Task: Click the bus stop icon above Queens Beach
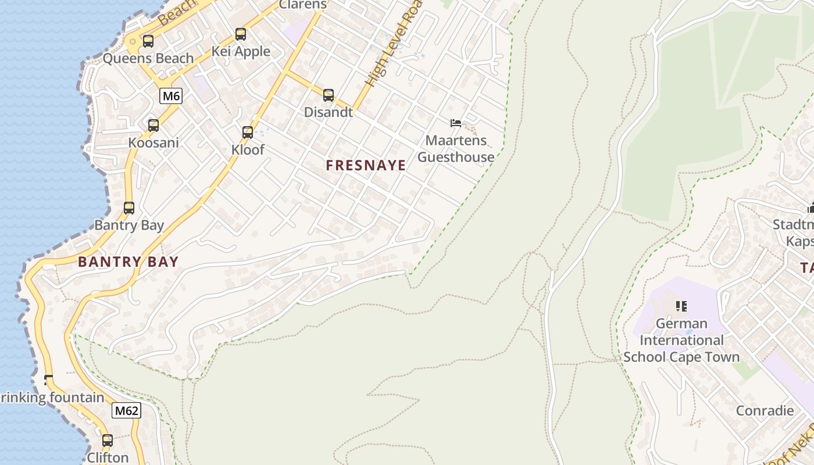pyautogui.click(x=148, y=41)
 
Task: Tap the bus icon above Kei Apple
pyautogui.click(x=241, y=34)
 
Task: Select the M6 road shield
pyautogui.click(x=171, y=96)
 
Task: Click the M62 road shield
pyautogui.click(x=127, y=411)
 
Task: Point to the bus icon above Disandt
pyautogui.click(x=329, y=95)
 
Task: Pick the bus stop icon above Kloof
pyautogui.click(x=248, y=133)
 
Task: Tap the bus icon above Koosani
pyautogui.click(x=153, y=126)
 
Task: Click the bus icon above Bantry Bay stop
pyautogui.click(x=129, y=208)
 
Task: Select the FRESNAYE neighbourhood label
pyautogui.click(x=366, y=166)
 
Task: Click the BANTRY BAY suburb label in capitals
pyautogui.click(x=128, y=262)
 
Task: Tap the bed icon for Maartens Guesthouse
pyautogui.click(x=456, y=123)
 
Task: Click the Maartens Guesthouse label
pyautogui.click(x=456, y=149)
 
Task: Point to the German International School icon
pyautogui.click(x=681, y=306)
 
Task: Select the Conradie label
pyautogui.click(x=765, y=411)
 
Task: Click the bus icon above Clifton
pyautogui.click(x=108, y=441)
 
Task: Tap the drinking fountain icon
pyautogui.click(x=48, y=380)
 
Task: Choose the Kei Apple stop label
pyautogui.click(x=241, y=52)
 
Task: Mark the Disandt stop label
pyautogui.click(x=329, y=112)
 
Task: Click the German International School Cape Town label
pyautogui.click(x=681, y=340)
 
